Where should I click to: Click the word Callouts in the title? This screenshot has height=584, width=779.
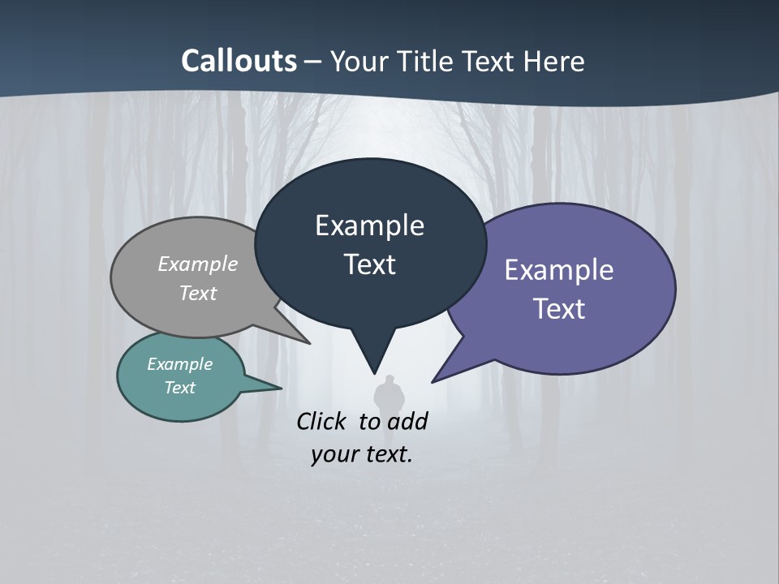(239, 61)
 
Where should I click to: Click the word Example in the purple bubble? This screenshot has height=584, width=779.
(559, 270)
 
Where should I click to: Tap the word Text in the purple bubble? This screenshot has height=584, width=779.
(559, 309)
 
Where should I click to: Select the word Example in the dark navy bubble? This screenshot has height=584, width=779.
(369, 225)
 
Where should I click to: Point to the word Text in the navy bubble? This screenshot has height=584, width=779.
(369, 264)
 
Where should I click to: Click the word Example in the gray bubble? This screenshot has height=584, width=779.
(198, 264)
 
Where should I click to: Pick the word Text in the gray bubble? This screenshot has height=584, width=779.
(198, 293)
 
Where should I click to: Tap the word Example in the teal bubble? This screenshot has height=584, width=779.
(179, 364)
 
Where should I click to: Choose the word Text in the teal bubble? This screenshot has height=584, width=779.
(179, 388)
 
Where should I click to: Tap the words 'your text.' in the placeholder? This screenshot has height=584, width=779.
(362, 455)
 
